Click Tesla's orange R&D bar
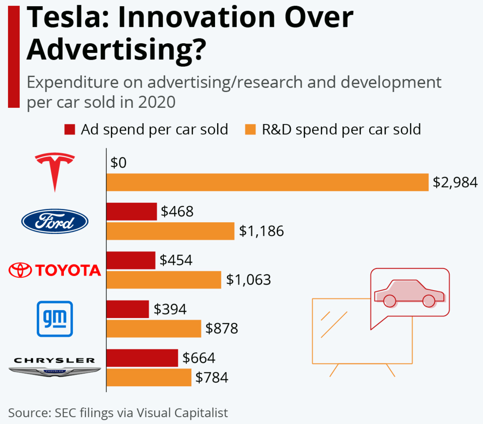268,182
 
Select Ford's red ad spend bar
132,212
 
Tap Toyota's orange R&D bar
164,280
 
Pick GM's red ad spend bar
128,309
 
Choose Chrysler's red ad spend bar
142,358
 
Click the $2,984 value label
455,182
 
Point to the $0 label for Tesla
118,163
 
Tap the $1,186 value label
261,231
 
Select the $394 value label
170,309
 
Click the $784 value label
212,377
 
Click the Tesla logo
55,172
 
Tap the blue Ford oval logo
55,221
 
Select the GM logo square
55,319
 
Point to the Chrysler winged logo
55,367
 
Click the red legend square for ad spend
70,129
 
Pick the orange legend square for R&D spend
250,129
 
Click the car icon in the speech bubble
409,293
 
